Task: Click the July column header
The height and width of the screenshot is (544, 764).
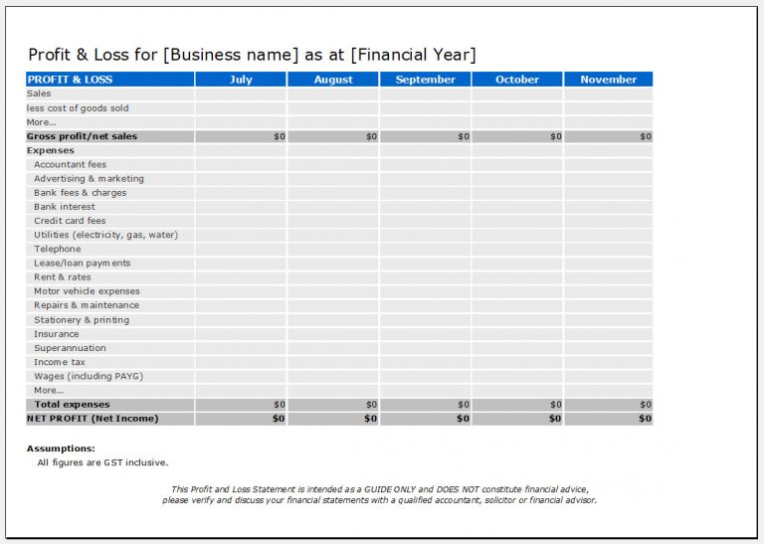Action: [241, 80]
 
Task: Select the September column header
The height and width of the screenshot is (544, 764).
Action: [425, 80]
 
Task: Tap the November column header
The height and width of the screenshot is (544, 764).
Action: [608, 80]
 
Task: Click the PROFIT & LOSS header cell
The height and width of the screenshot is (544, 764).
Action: [71, 80]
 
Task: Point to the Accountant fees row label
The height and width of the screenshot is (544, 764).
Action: [70, 165]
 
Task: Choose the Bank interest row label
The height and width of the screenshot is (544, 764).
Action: [65, 207]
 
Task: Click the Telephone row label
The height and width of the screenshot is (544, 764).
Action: [58, 250]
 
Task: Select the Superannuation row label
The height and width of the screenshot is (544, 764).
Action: [70, 348]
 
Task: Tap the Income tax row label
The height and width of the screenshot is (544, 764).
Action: [60, 362]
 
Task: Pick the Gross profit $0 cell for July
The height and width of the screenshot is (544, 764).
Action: [241, 136]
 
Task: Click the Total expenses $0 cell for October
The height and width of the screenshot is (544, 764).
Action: [517, 405]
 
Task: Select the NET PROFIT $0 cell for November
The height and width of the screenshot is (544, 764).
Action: [608, 419]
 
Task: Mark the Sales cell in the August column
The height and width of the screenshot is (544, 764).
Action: [332, 93]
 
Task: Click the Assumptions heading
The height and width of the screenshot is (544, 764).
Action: [61, 449]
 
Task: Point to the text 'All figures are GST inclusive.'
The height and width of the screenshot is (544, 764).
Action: [102, 462]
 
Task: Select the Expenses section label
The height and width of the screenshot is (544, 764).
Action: [51, 151]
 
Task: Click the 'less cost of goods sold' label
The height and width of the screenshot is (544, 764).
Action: [78, 108]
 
